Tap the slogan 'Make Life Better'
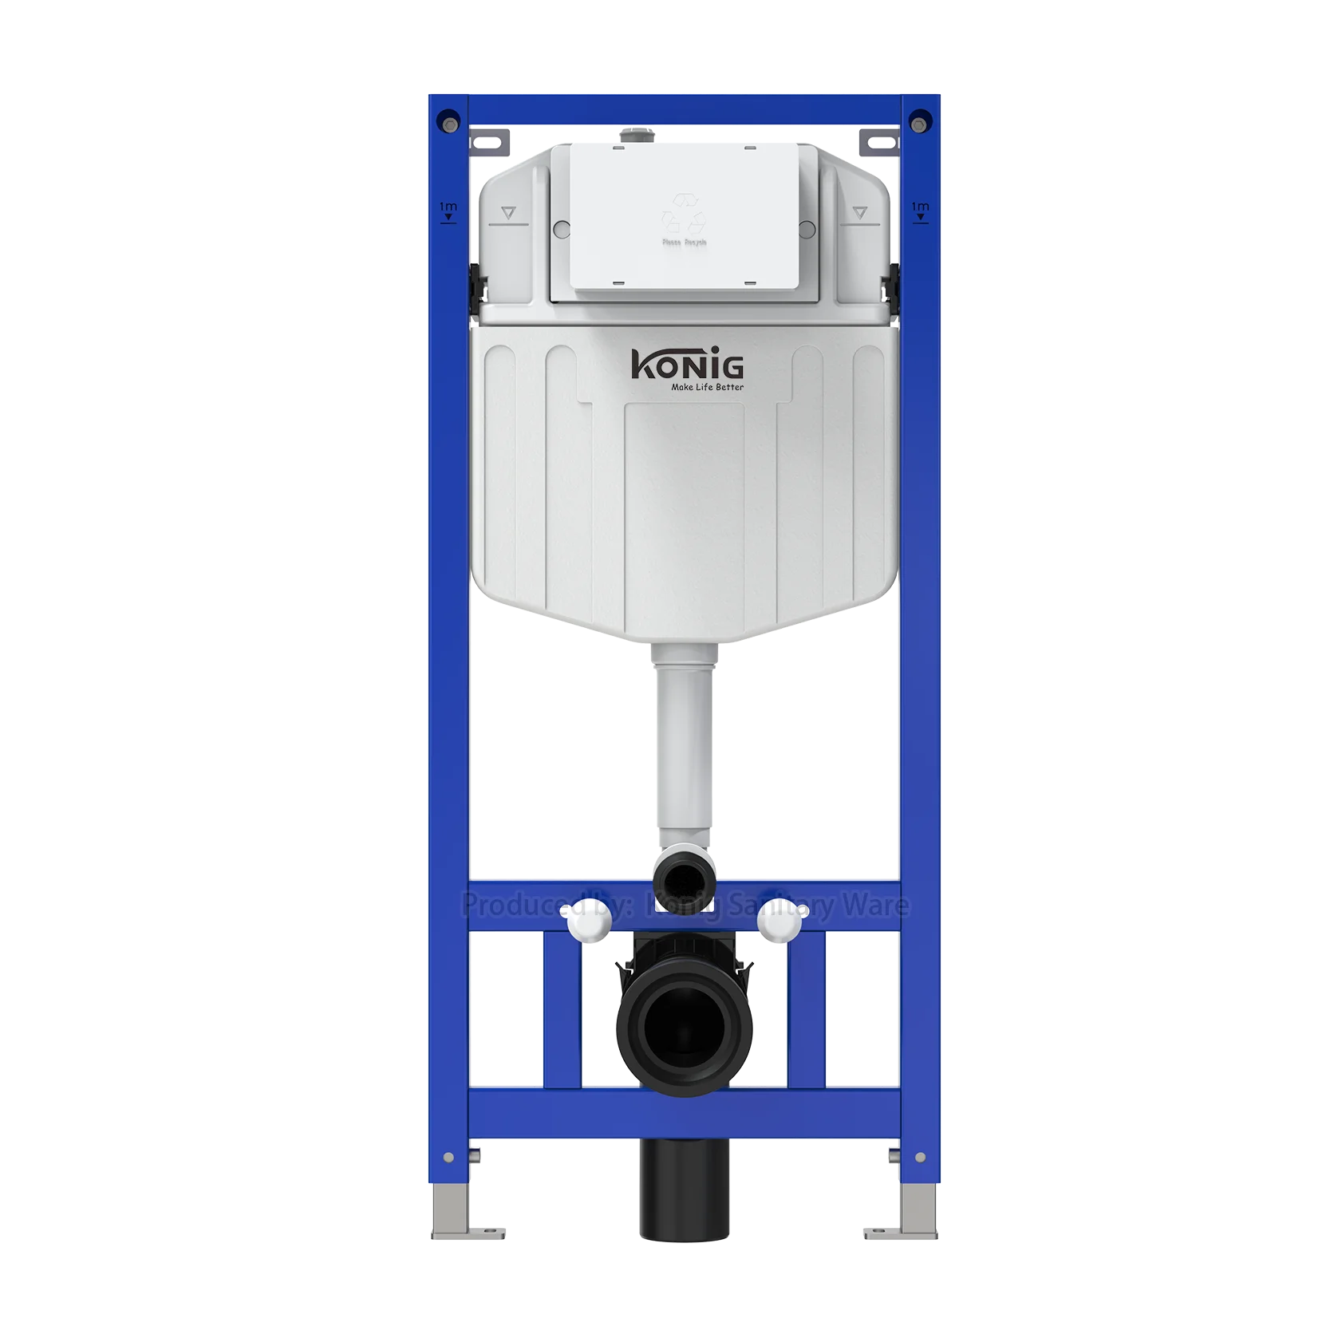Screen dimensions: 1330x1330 [707, 388]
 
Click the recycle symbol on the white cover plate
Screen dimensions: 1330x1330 [684, 213]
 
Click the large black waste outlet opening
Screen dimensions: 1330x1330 [684, 1030]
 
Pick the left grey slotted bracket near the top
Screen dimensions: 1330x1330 [489, 143]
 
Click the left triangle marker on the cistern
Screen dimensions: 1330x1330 [509, 213]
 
